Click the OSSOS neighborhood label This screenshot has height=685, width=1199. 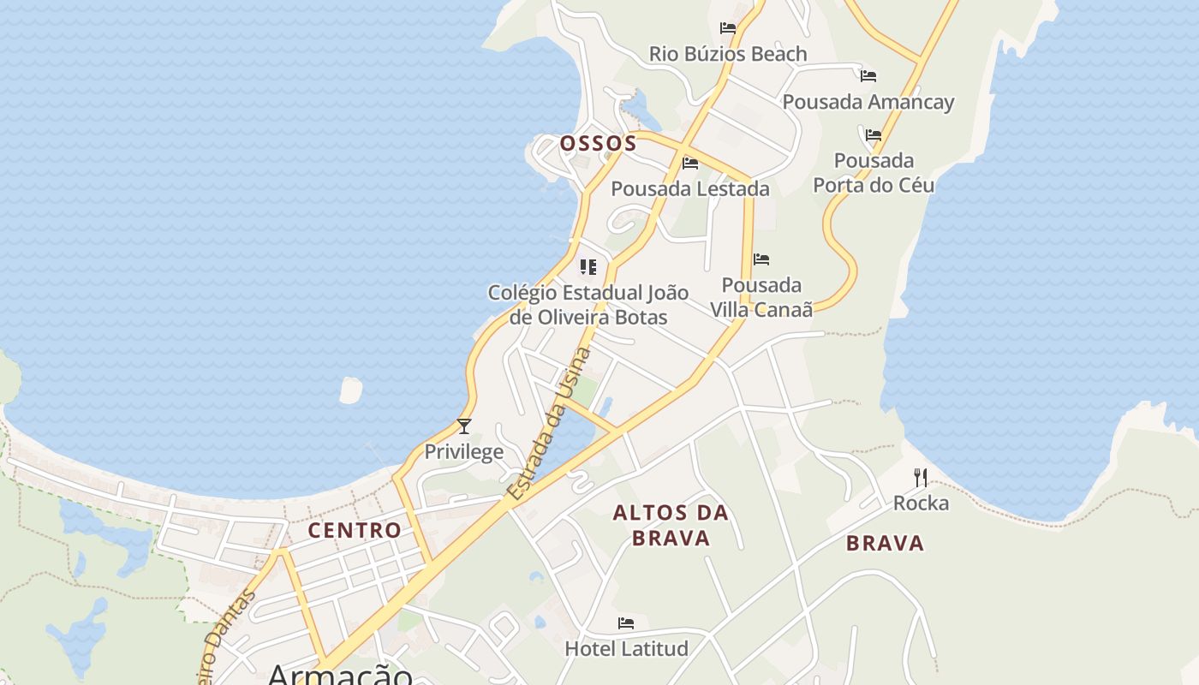point(599,143)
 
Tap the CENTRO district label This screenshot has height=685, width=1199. point(355,530)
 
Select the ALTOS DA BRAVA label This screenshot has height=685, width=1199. point(671,525)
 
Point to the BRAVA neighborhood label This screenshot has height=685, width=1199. point(886,543)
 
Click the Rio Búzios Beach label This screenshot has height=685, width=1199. point(728,54)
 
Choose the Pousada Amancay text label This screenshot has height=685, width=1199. point(868,102)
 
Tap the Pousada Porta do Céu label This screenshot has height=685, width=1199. point(874,173)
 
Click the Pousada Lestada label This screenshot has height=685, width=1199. point(690,188)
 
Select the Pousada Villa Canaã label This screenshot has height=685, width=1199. point(761,297)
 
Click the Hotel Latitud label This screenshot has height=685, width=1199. point(626,648)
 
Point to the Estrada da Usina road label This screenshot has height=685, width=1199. point(549,425)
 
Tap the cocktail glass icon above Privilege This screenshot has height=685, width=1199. point(464,426)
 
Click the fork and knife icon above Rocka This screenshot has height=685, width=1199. point(921,477)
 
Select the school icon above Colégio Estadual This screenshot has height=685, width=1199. point(588,267)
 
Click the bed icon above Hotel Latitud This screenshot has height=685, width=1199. point(626,623)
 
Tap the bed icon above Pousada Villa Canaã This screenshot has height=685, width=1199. point(761,259)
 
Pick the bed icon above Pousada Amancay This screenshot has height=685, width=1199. point(868,76)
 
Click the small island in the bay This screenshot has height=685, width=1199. point(351,390)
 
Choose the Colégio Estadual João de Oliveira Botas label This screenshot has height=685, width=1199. point(588,305)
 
